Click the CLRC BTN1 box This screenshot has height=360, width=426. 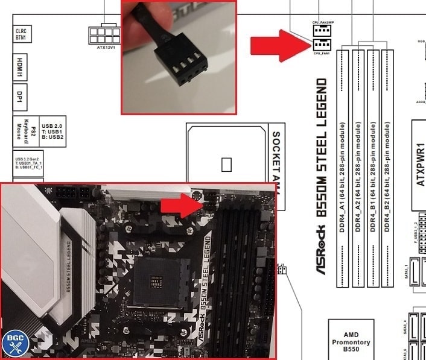[23, 33]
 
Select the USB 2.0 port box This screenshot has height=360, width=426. [53, 131]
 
